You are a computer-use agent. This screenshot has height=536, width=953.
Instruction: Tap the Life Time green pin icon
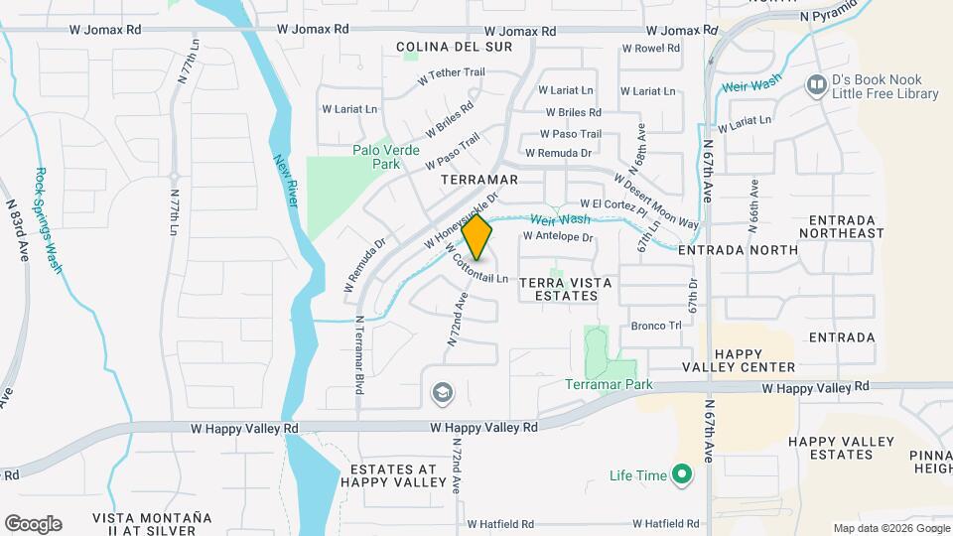coord(682,475)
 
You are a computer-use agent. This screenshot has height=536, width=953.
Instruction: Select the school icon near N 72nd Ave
coord(441,394)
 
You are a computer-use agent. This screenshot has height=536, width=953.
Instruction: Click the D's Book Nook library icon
coord(817,86)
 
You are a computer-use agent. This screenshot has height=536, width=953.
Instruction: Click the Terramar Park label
coord(610,384)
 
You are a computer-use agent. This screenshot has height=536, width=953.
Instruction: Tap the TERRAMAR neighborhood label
coord(479,180)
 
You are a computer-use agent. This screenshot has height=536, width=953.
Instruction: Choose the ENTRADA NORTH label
coord(738,250)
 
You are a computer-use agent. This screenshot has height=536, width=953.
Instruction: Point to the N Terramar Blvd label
coord(357,353)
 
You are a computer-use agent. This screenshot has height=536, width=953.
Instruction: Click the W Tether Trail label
coord(451,74)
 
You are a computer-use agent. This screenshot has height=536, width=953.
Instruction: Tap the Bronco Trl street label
coord(656,326)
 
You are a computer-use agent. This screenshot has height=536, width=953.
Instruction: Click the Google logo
coord(33,524)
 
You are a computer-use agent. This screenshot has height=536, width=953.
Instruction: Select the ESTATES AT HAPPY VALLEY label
coord(394,475)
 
